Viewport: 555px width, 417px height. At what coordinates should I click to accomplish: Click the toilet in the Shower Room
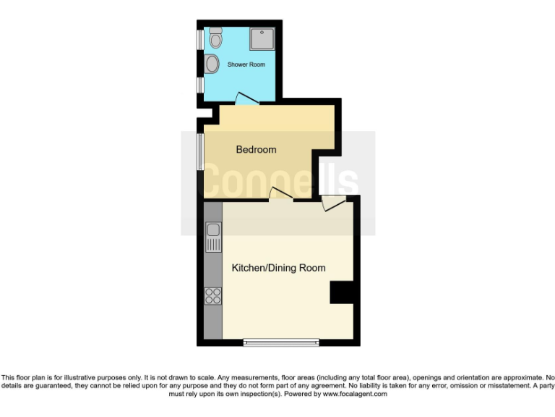tap(215, 38)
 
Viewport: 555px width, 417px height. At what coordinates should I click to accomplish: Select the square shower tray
tap(262, 39)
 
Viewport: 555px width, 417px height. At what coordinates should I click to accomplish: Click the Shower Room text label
tap(246, 64)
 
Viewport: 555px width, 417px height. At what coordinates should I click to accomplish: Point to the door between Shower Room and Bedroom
tap(246, 99)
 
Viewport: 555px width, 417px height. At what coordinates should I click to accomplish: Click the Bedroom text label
tap(257, 150)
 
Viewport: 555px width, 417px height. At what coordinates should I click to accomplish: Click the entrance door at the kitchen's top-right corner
tap(333, 203)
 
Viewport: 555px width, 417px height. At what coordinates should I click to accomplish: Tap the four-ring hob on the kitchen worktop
tap(213, 295)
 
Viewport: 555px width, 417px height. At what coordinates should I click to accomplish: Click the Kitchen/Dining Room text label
tap(278, 268)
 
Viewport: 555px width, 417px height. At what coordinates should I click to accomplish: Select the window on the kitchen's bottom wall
tap(280, 342)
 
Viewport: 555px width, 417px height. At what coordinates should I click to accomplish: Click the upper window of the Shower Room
tap(200, 40)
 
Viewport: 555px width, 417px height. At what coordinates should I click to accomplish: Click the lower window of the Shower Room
tap(200, 85)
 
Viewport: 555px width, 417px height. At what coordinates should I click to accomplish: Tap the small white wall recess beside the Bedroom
tap(207, 113)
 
